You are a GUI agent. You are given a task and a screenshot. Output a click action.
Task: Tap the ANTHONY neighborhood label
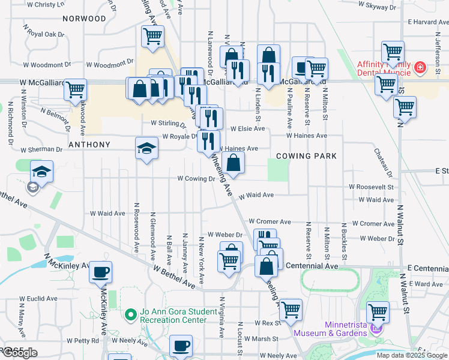click(x=89, y=145)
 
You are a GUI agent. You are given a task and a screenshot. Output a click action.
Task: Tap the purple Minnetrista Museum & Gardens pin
click(x=376, y=328)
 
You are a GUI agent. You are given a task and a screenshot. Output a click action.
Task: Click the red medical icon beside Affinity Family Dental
click(x=420, y=68)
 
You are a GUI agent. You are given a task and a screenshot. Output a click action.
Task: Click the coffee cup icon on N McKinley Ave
click(x=100, y=271)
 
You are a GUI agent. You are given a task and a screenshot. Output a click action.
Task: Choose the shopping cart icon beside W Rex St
click(x=291, y=309)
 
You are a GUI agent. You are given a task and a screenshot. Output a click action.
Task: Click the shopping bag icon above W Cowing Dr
click(x=233, y=161)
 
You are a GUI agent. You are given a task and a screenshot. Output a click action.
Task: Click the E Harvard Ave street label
click(x=427, y=22)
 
